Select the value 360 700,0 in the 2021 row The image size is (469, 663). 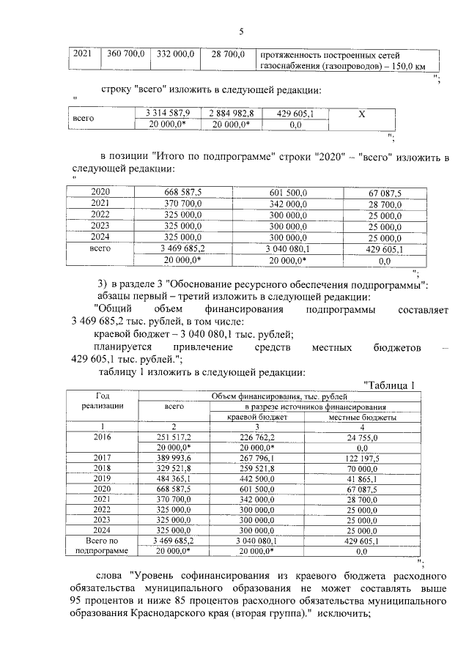[x=128, y=55]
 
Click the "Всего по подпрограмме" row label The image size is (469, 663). [x=103, y=545]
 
